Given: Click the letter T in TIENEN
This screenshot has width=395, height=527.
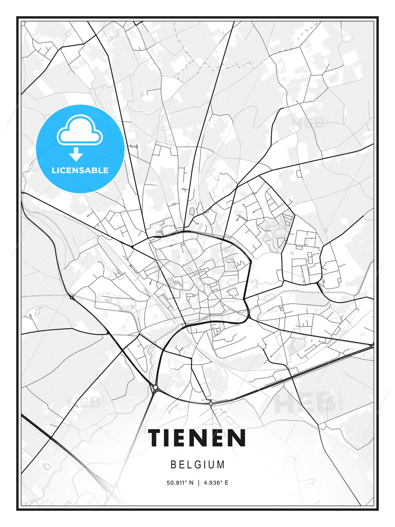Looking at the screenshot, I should coord(157,438).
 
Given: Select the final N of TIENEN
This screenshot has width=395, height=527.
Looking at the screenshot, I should coord(237,438).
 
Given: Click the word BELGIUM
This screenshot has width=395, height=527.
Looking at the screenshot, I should coord(197,464).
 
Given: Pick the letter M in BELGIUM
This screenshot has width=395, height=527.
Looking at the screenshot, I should coord(221,464).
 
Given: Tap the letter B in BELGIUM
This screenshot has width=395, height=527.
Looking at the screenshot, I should coord(174,464).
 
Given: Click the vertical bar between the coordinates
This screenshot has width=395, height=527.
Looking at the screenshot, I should coord(199,483).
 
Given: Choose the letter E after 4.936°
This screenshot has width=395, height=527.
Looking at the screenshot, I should coord(226,483).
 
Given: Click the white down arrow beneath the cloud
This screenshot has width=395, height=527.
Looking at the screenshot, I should coord(76,154).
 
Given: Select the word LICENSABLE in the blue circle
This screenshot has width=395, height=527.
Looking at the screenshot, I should coord(80,170).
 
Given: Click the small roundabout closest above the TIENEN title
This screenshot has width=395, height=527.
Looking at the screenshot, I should coord(211,403).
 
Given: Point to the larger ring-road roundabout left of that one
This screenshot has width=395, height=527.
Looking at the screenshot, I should coord(155,387).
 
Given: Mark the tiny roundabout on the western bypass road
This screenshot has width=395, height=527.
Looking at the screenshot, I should coord(72,298).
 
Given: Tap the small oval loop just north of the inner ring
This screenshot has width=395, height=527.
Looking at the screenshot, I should coord(192,211).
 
